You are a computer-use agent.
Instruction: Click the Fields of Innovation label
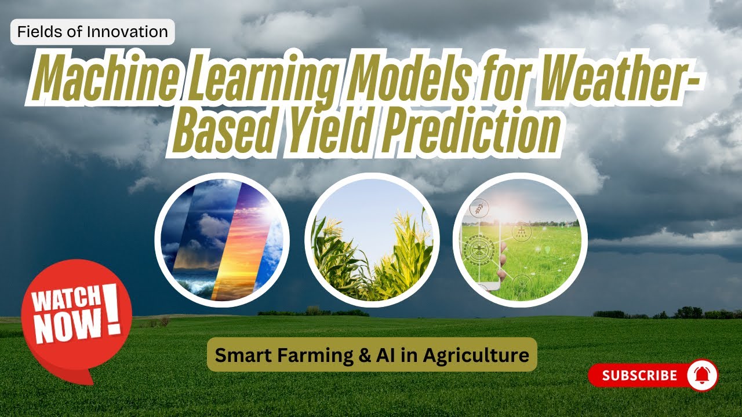pyautogui.click(x=93, y=32)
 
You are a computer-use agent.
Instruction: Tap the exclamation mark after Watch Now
pyautogui.click(x=112, y=310)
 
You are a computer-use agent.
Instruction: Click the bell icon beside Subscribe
pyautogui.click(x=702, y=375)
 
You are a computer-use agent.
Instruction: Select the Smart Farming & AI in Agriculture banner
pyautogui.click(x=372, y=354)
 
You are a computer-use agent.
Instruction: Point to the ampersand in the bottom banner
pyautogui.click(x=347, y=354)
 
